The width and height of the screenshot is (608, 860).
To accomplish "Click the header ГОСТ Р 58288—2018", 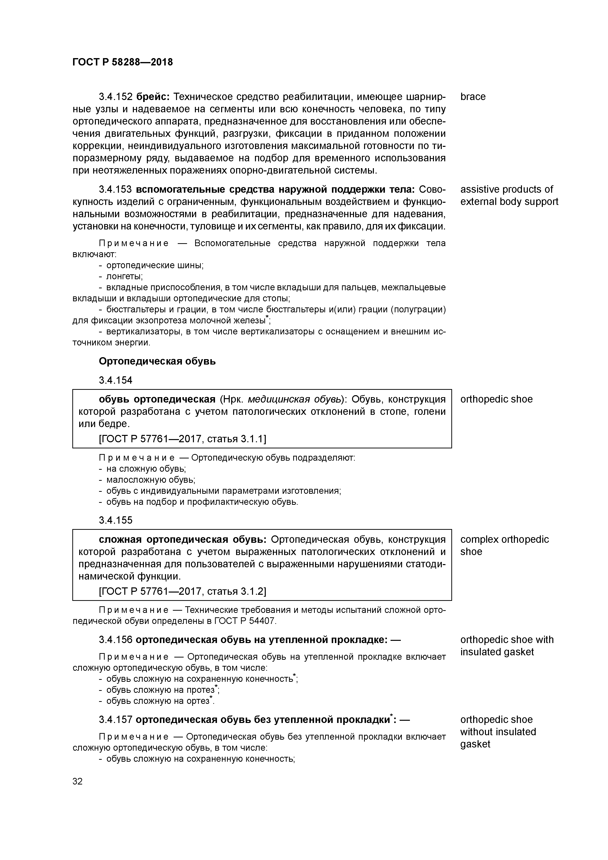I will (123, 62).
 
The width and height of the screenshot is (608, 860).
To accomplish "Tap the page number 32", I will (77, 781).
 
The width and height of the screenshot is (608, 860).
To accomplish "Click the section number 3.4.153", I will (115, 190).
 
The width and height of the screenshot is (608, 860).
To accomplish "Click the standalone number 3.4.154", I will (115, 380).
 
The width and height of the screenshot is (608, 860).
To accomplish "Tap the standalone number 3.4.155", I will (115, 520).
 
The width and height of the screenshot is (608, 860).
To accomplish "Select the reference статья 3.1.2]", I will (236, 592).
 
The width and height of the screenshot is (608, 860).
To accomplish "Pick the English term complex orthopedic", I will (504, 539).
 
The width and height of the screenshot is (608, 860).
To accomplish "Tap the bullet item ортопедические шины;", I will (155, 266).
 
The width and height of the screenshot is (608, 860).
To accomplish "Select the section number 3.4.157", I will (115, 720).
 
